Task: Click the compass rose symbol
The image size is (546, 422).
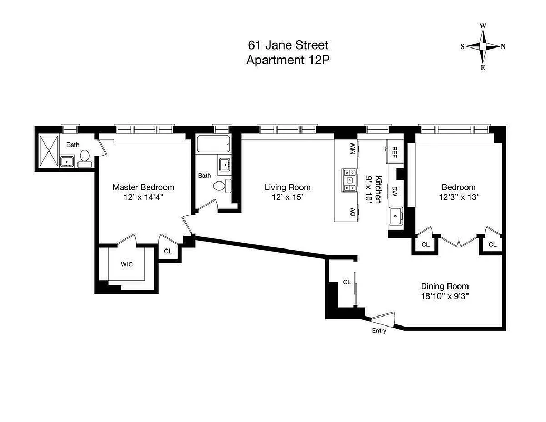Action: click(x=483, y=46)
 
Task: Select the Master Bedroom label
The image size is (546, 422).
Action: click(x=143, y=187)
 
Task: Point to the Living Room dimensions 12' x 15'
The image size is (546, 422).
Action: click(x=287, y=197)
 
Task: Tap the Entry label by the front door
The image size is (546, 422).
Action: click(x=379, y=331)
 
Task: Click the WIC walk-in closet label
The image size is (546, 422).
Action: click(x=127, y=264)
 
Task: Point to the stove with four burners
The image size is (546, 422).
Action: click(x=349, y=179)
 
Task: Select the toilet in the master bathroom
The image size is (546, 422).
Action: click(x=84, y=156)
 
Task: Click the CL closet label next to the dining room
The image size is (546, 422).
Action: click(x=347, y=282)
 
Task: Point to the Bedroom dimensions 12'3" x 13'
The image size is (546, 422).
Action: click(x=458, y=197)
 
